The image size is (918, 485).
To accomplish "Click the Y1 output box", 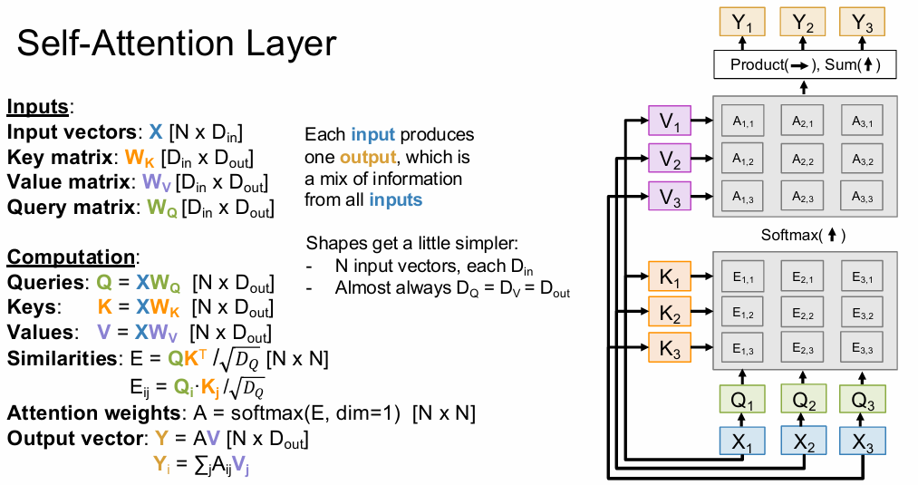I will (742, 23).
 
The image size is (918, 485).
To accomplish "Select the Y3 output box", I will (863, 23).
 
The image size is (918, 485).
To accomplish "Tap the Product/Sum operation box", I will (802, 65).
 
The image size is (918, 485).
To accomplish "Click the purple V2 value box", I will (671, 160).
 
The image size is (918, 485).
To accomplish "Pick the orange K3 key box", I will (671, 347).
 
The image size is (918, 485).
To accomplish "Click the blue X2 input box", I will (803, 441).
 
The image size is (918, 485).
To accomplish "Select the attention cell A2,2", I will (802, 160).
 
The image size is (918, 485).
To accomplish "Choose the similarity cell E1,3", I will (742, 349).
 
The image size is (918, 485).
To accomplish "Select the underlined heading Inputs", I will (37, 107).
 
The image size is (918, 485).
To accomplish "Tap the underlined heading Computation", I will (70, 257).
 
